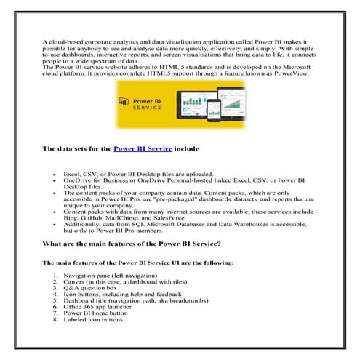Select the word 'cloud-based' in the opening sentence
click(63, 43)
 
